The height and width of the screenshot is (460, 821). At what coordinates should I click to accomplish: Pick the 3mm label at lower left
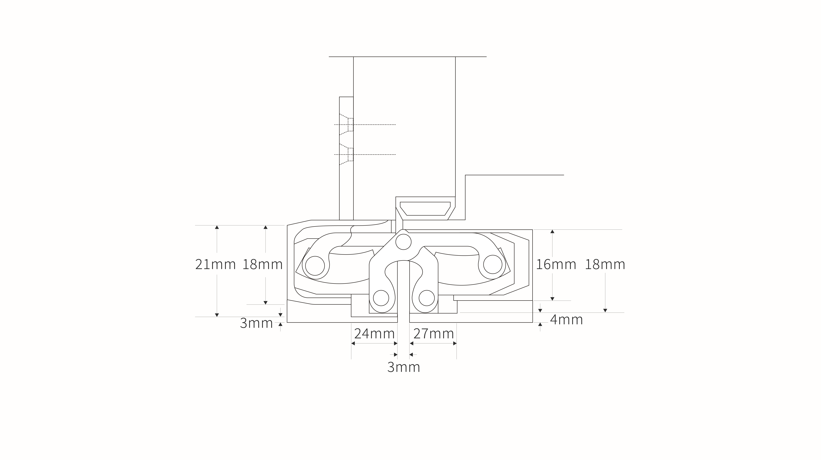256,323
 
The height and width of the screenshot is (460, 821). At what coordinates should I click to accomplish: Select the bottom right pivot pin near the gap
426,298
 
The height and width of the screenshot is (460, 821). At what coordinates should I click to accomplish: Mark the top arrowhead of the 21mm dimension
217,227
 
